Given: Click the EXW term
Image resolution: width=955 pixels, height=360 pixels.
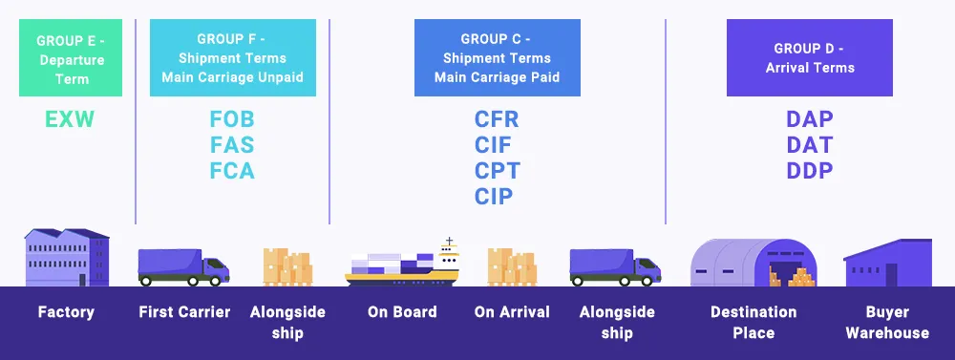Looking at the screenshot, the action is click(x=70, y=118).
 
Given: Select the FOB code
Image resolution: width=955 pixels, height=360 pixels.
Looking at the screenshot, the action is click(x=232, y=118).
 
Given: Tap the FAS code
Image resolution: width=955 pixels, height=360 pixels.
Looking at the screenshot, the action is click(x=232, y=145).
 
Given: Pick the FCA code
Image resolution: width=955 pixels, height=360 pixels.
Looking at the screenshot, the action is click(x=232, y=171).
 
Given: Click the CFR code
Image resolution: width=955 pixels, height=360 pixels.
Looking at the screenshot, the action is click(x=497, y=118).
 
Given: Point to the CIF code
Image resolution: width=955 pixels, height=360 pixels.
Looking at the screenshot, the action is click(x=494, y=145).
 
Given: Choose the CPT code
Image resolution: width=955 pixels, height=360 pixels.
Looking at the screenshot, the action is click(x=498, y=171).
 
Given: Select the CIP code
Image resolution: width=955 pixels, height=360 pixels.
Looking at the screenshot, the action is click(x=494, y=196).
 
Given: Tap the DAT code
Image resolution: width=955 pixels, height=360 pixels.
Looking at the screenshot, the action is click(x=810, y=145).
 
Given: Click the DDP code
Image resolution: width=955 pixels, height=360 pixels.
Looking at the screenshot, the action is click(x=810, y=171).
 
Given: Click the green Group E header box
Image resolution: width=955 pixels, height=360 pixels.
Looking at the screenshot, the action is click(x=71, y=58).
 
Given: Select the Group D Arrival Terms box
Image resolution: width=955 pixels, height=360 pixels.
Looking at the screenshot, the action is click(x=810, y=58).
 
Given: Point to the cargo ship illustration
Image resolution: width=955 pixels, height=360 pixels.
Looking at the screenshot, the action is click(x=402, y=262).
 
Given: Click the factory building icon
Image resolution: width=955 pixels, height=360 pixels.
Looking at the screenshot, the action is click(x=67, y=258).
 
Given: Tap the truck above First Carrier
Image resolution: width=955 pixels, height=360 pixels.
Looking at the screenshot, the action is click(x=184, y=267).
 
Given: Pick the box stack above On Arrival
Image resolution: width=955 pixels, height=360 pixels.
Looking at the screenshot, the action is click(x=512, y=266).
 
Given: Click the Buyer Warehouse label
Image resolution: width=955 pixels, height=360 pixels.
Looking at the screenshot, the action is click(x=887, y=323).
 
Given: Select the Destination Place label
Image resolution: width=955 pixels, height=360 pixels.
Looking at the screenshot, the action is click(x=753, y=323).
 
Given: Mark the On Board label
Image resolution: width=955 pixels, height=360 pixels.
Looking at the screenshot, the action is click(x=402, y=312).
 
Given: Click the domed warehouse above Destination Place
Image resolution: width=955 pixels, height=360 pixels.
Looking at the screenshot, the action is click(x=753, y=263).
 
